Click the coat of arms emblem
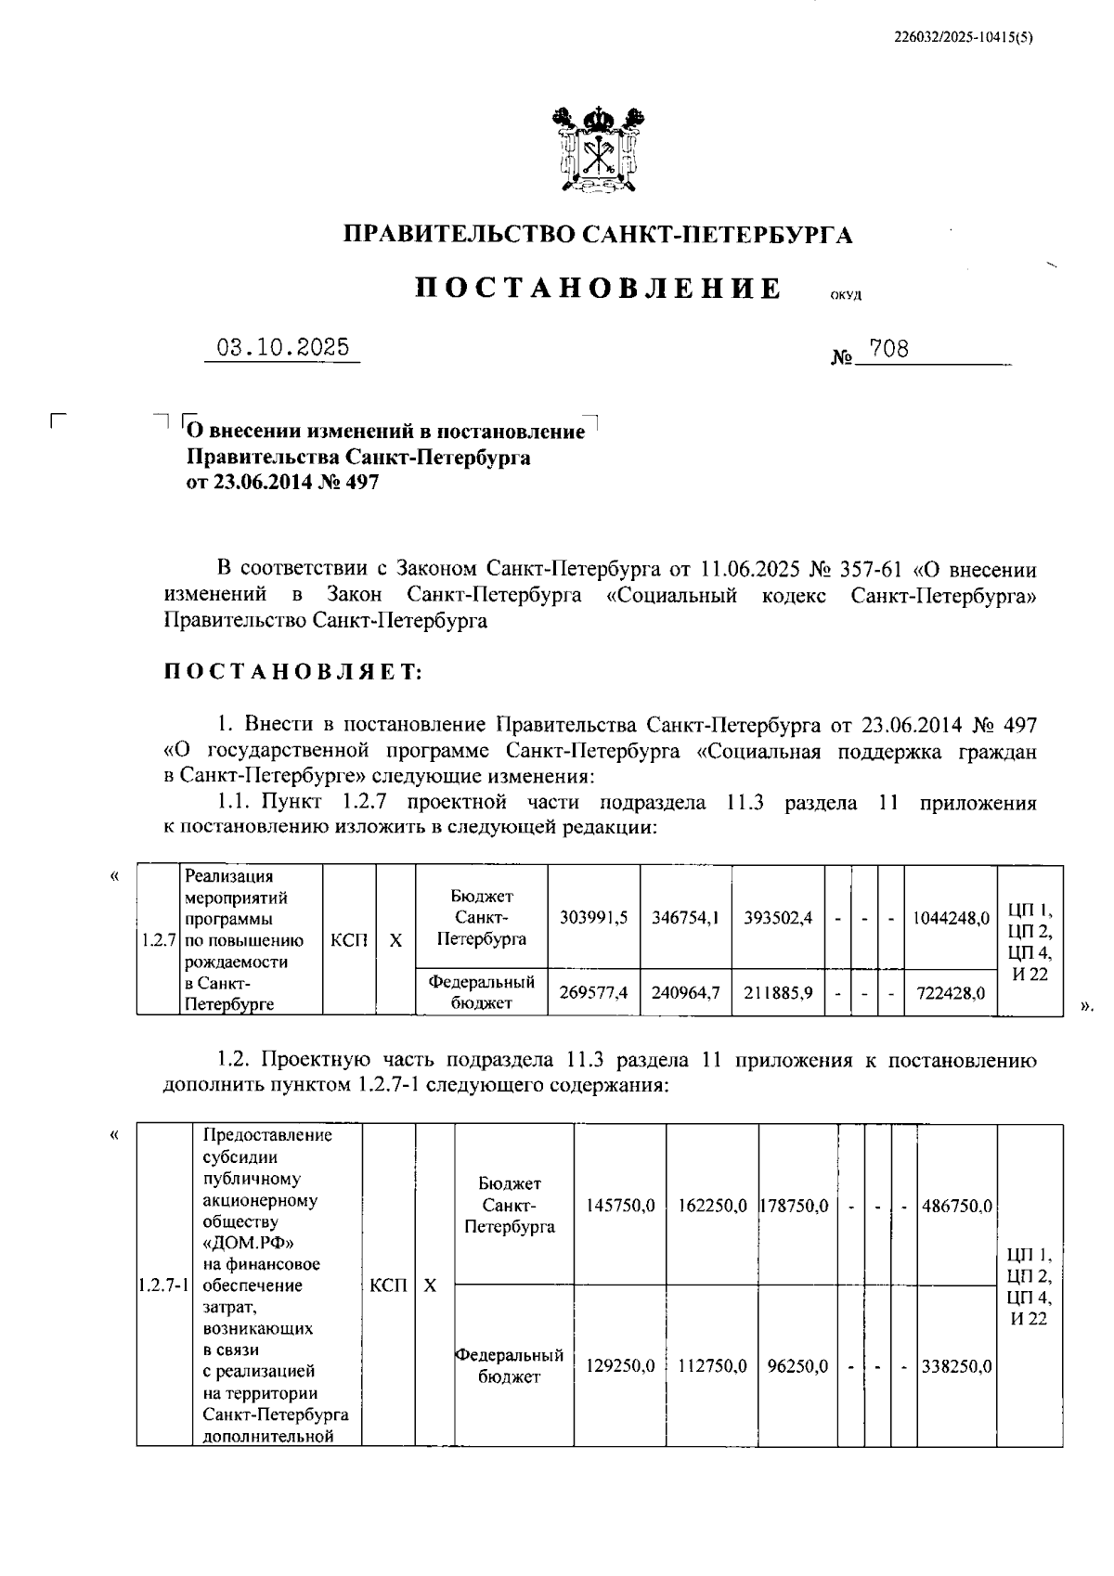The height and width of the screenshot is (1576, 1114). click(x=597, y=150)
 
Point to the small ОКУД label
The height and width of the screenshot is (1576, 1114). click(x=846, y=296)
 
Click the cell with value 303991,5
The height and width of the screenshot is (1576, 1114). click(x=593, y=917)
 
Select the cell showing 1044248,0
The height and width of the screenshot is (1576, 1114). click(x=950, y=918)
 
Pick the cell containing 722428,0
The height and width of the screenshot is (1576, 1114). click(x=950, y=992)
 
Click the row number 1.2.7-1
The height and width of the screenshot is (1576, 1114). click(x=163, y=1285)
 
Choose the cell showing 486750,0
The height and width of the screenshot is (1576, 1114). click(x=956, y=1206)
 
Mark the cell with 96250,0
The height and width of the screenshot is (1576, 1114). click(x=797, y=1366)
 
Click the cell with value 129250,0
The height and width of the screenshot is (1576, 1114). click(x=620, y=1366)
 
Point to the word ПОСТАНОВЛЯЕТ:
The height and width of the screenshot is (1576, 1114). click(x=292, y=672)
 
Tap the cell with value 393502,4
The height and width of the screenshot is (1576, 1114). click(x=778, y=917)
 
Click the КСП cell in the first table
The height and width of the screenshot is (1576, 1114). click(x=349, y=939)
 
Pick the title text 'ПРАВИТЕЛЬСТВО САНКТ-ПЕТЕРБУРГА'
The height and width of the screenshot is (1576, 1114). click(x=598, y=235)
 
